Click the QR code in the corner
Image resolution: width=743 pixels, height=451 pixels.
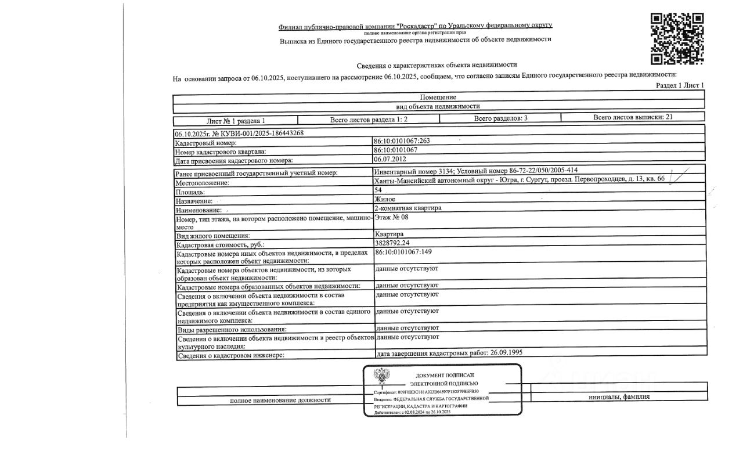(x=677, y=38)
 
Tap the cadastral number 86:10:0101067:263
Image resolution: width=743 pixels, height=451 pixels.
(x=402, y=141)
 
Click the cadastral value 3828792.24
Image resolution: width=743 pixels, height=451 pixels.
(x=392, y=243)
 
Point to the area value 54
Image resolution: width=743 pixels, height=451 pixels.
(x=378, y=190)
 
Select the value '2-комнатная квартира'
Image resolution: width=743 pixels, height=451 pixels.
(x=408, y=208)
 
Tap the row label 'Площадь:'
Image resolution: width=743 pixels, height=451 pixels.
(x=190, y=192)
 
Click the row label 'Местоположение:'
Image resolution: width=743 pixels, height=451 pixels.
(x=203, y=183)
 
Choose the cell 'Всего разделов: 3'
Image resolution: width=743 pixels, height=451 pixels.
(x=500, y=118)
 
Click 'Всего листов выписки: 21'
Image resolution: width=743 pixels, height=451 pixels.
(x=633, y=117)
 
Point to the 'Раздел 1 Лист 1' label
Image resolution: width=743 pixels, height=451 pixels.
(x=680, y=85)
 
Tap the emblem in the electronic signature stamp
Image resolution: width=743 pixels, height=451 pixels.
(x=381, y=378)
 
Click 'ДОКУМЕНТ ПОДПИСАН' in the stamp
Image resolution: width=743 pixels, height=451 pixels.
(x=444, y=376)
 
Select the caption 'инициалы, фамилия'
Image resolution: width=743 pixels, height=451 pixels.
(x=619, y=397)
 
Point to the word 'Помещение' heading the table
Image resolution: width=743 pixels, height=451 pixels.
(x=438, y=97)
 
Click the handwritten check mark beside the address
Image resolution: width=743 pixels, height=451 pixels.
(x=678, y=175)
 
